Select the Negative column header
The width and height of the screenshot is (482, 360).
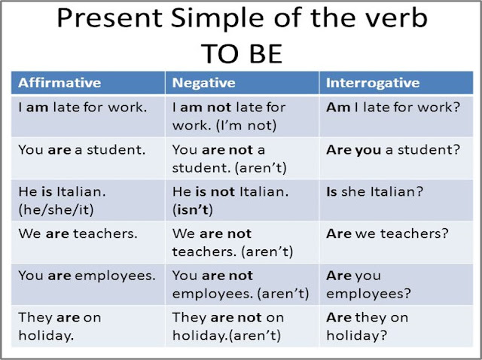[203, 83]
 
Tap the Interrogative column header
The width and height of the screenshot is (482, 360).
[373, 83]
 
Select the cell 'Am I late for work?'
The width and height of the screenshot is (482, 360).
[393, 108]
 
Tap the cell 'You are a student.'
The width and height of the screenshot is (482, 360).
[81, 149]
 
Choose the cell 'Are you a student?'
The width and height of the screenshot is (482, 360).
[393, 149]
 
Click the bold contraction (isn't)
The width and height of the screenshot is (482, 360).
[193, 209]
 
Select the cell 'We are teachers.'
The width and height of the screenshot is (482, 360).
[78, 233]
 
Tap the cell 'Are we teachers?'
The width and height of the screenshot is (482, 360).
[388, 233]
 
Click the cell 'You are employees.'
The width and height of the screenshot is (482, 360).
[87, 276]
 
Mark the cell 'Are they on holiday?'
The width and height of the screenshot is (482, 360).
[368, 326]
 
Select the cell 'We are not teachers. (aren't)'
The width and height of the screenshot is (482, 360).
[232, 243]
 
